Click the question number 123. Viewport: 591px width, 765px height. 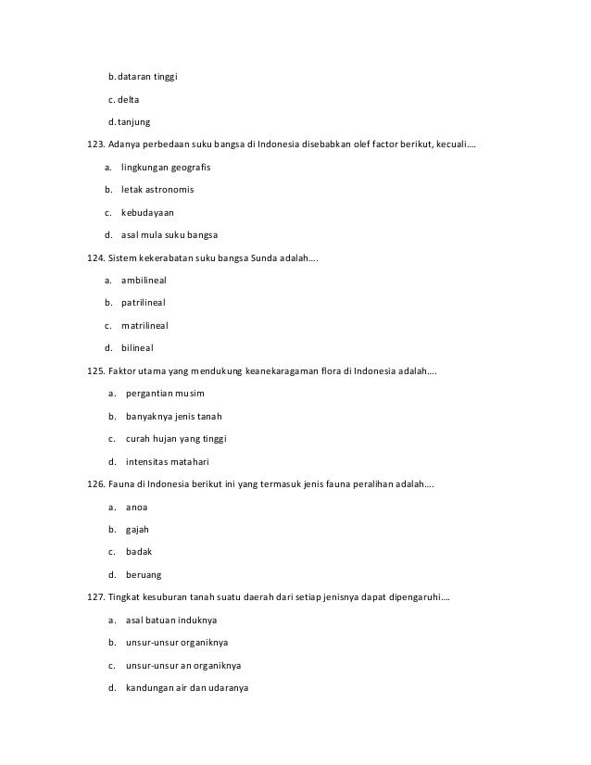pyautogui.click(x=95, y=145)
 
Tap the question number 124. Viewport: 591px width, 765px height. pyautogui.click(x=95, y=257)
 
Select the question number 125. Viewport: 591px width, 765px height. pyautogui.click(x=95, y=371)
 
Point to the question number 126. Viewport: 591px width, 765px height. pyautogui.click(x=95, y=483)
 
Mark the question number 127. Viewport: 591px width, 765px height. pyautogui.click(x=95, y=596)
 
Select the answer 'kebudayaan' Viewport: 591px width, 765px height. pyautogui.click(x=147, y=212)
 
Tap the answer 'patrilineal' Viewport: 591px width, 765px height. pyautogui.click(x=144, y=303)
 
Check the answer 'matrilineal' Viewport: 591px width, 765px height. pyautogui.click(x=145, y=325)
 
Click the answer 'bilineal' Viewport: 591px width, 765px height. pyautogui.click(x=137, y=347)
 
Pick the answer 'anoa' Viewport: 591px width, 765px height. pyautogui.click(x=136, y=507)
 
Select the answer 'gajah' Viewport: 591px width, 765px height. pyautogui.click(x=137, y=529)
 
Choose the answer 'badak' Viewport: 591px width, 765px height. pyautogui.click(x=138, y=551)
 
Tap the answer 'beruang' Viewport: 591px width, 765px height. pyautogui.click(x=143, y=574)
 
